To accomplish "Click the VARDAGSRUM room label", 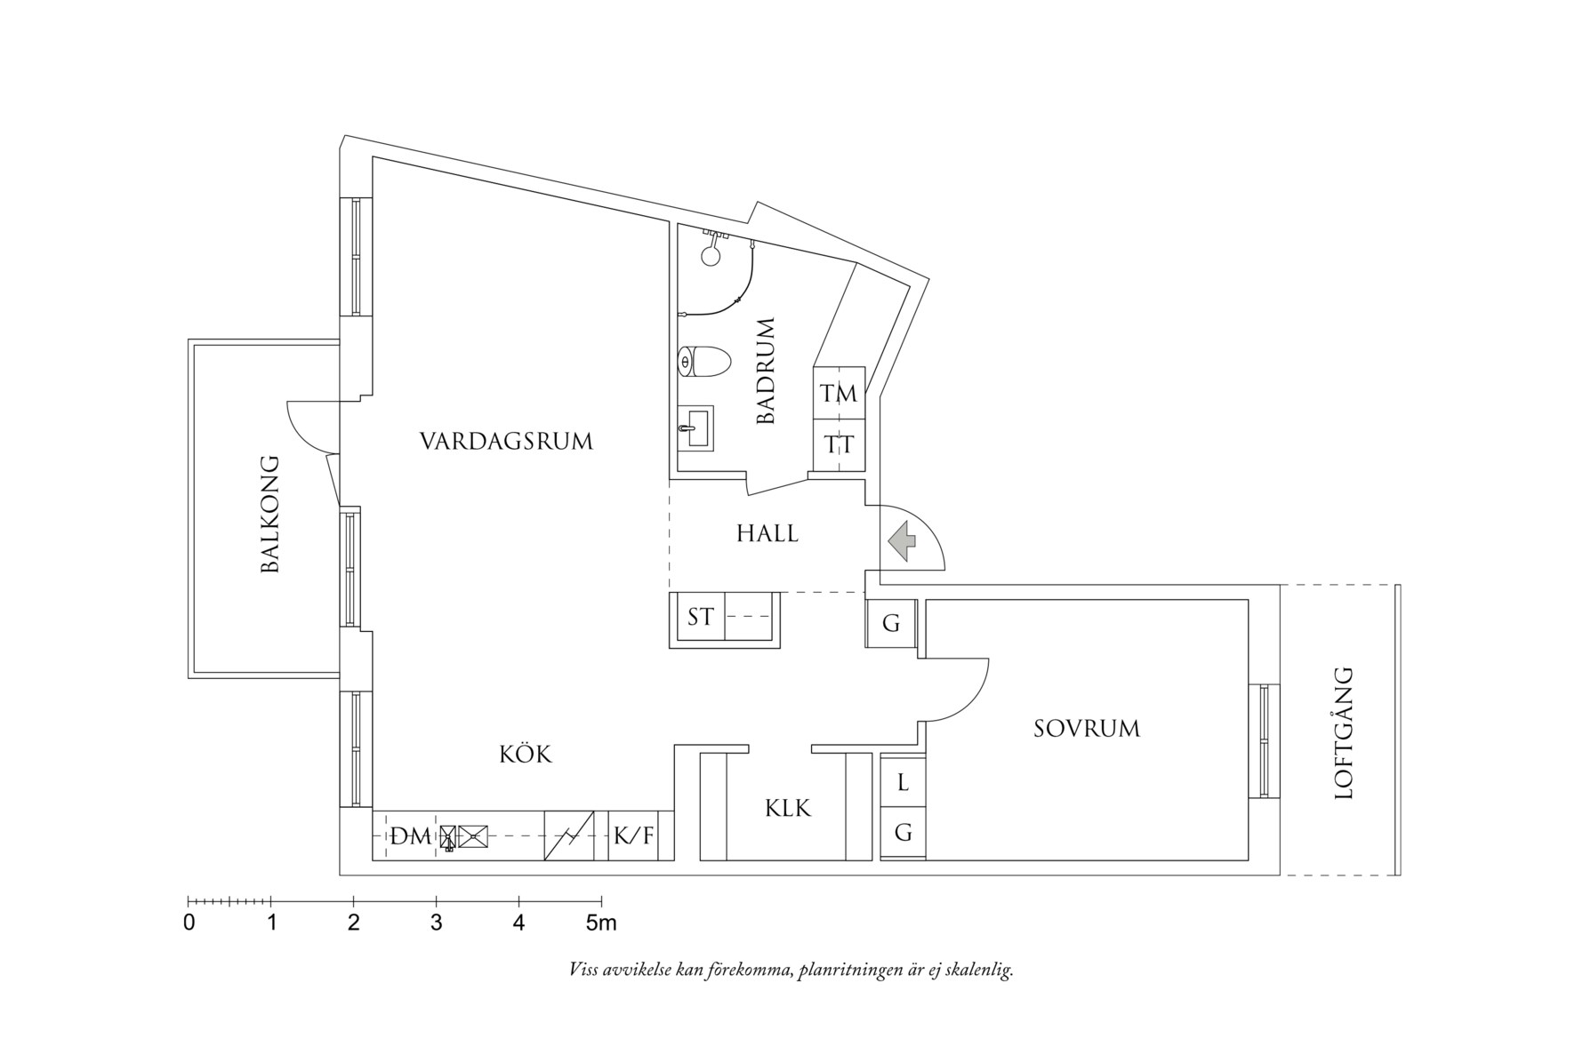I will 506,442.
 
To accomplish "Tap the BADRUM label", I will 766,371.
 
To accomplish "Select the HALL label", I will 767,534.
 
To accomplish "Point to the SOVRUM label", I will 1086,730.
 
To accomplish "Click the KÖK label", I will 525,755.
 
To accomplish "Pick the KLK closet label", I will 787,809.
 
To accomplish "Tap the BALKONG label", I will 269,515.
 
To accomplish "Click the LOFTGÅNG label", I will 1343,733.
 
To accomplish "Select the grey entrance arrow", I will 903,540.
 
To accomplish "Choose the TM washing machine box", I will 839,393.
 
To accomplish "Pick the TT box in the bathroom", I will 839,444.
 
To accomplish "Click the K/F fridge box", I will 633,836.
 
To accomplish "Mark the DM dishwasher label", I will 410,836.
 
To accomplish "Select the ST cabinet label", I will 700,616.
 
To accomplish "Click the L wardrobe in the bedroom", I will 903,783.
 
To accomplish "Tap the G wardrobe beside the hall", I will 891,624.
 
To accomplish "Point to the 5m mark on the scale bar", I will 601,923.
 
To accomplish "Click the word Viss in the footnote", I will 583,970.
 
